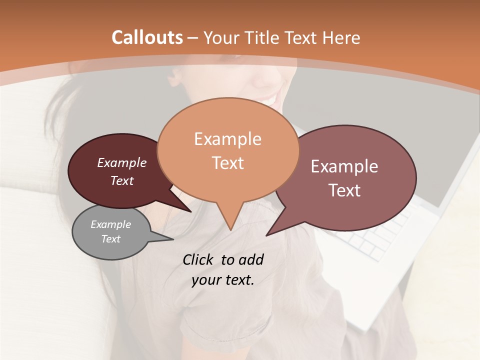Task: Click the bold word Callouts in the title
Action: tap(147, 37)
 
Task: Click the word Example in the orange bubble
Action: tap(227, 139)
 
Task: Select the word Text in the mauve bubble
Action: tap(344, 190)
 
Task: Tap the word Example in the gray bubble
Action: tap(110, 224)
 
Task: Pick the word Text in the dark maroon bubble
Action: tap(122, 180)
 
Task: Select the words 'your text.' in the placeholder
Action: tap(223, 280)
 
